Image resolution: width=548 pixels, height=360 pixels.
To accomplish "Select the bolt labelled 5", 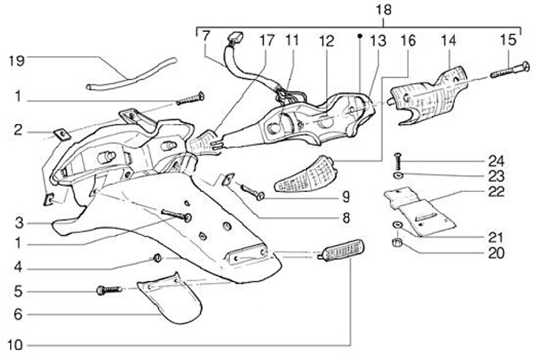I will (x=111, y=290).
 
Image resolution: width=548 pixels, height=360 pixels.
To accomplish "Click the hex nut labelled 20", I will (x=397, y=244).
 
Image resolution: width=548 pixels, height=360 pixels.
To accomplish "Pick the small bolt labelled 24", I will (x=397, y=162).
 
